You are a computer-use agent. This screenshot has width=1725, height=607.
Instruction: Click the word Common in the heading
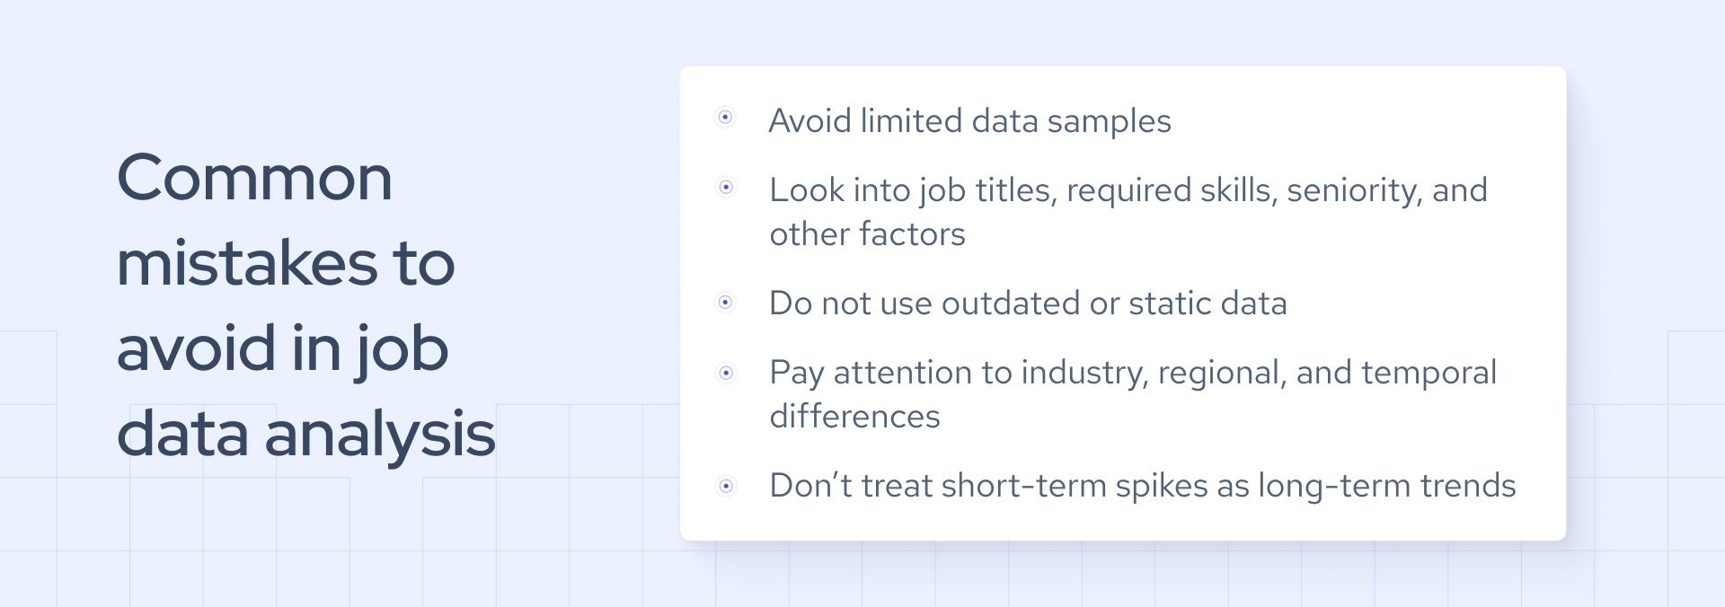coord(254,178)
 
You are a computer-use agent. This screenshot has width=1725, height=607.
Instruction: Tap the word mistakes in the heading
coord(247,263)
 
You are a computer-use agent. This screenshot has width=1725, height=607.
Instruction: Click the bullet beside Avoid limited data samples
coord(725,118)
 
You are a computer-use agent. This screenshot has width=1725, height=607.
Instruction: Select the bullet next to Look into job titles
coord(726,188)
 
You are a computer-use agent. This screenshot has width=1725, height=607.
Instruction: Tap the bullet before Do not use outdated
coord(726,303)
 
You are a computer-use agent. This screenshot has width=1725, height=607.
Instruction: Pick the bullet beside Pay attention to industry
coord(726,373)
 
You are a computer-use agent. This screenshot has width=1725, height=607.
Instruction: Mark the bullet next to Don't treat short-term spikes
coord(726,487)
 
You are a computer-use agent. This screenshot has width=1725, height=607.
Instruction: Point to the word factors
coord(912,234)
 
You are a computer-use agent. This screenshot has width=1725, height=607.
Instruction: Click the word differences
coord(854,417)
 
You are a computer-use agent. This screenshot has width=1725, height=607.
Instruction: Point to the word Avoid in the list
coord(809,121)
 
